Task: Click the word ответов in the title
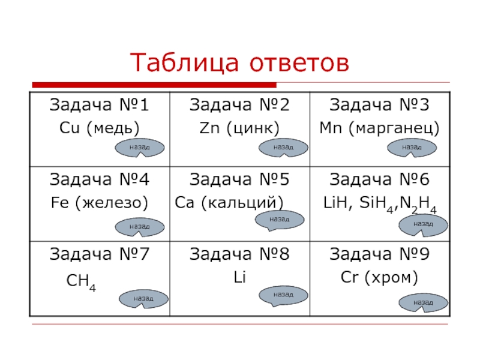point(292,62)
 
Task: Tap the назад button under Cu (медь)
point(139,146)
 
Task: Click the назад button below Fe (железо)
point(139,226)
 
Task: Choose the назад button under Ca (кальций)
point(279,220)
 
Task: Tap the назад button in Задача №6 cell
point(423,224)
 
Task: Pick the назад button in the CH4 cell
point(142,298)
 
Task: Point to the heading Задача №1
point(99,106)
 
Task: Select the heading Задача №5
point(239,179)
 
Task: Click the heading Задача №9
point(379,255)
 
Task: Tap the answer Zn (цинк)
point(239,128)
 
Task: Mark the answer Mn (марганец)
point(379,128)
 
